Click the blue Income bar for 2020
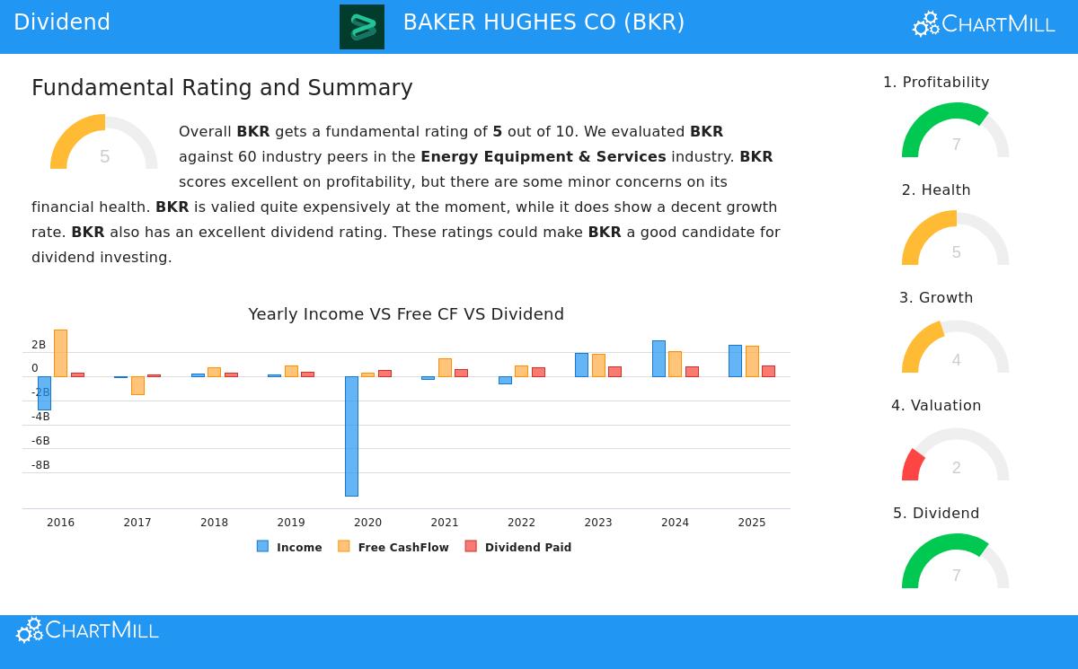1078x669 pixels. pyautogui.click(x=351, y=436)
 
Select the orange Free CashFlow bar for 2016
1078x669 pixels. pyautogui.click(x=60, y=353)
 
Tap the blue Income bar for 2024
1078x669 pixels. pyautogui.click(x=658, y=358)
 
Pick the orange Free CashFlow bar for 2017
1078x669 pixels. pyautogui.click(x=137, y=385)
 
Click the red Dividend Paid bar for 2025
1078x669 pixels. pyautogui.click(x=768, y=371)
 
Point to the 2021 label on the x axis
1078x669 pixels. pyautogui.click(x=445, y=523)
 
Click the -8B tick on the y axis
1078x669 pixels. pyautogui.click(x=40, y=465)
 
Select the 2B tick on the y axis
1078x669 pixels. pyautogui.click(x=39, y=345)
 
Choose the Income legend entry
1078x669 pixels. pyautogui.click(x=289, y=547)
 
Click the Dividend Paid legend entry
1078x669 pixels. pyautogui.click(x=518, y=547)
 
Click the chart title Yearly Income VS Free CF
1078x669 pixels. pyautogui.click(x=406, y=314)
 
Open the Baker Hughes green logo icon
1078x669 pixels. pyautogui.click(x=362, y=27)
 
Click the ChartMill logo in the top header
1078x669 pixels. pyautogui.click(x=984, y=24)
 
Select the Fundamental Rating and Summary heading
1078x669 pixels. pyautogui.click(x=222, y=88)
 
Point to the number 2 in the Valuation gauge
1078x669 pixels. pyautogui.click(x=956, y=468)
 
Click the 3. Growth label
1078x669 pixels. pyautogui.click(x=936, y=298)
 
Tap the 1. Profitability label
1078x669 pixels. pyautogui.click(x=936, y=83)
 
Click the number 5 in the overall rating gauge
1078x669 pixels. pyautogui.click(x=104, y=157)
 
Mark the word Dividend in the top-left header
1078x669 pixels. pyautogui.click(x=62, y=22)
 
